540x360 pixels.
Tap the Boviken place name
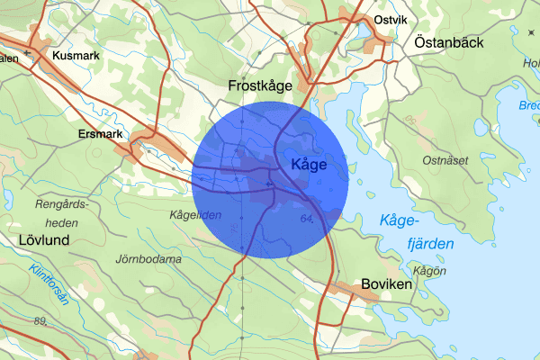click(386, 283)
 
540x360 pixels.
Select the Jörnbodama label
click(148, 259)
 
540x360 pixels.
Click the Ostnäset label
click(446, 159)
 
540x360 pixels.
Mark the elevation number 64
click(308, 219)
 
